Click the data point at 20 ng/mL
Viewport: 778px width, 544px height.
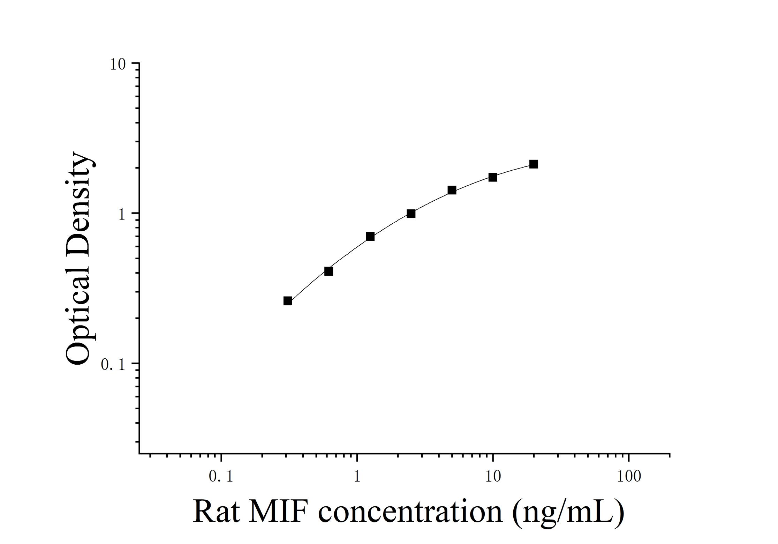[534, 164]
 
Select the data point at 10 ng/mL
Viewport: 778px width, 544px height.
[493, 177]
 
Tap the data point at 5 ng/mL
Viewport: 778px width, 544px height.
[452, 190]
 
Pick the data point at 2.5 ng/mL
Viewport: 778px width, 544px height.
[411, 214]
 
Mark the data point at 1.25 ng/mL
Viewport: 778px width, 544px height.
[370, 237]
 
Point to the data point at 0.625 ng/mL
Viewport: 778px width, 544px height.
[328, 271]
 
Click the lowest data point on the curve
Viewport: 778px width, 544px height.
[288, 301]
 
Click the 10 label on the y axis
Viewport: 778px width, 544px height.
[118, 64]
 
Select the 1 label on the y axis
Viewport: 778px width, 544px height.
[122, 214]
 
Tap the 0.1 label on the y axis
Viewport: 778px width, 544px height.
[113, 365]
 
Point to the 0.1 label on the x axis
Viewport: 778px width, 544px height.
[221, 477]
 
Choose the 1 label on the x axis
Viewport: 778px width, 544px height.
[357, 477]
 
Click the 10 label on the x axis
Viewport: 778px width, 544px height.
[493, 477]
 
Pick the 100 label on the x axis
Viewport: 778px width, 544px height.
[629, 477]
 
